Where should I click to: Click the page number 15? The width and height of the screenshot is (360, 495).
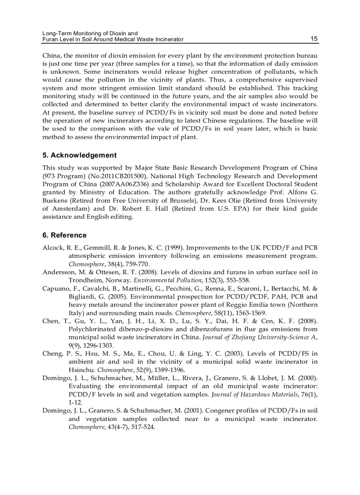coord(314,39)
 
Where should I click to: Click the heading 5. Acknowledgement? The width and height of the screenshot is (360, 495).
coord(79,155)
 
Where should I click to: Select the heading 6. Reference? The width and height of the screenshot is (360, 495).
coord(64,235)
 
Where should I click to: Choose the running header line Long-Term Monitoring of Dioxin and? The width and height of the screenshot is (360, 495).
coord(90,33)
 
